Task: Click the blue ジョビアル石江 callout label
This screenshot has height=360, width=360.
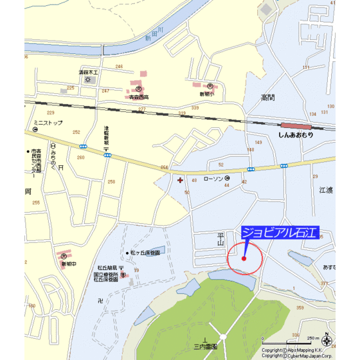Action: (280, 233)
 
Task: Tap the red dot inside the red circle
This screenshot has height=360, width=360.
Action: (244, 258)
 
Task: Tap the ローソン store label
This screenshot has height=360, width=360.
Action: (212, 180)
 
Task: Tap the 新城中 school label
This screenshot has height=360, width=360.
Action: (69, 264)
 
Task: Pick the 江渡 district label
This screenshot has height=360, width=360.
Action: (325, 191)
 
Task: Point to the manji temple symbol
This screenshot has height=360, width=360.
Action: (100, 300)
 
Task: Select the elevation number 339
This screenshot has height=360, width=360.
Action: (184, 114)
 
